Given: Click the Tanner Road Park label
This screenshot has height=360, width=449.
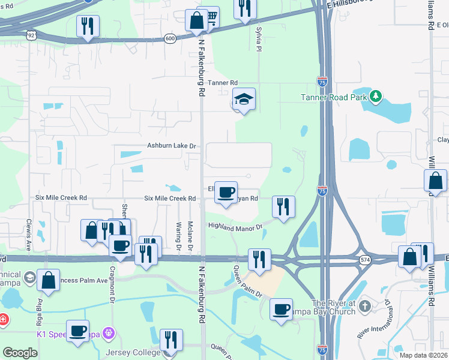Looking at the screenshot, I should point(334,97).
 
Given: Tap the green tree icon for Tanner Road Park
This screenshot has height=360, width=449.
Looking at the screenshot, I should point(376,96).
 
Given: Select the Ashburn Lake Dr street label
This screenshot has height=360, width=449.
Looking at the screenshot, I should point(172,146).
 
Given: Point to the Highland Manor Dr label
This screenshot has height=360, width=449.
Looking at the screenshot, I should point(236,226).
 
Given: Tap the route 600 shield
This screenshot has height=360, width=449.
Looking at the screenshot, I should point(170,38).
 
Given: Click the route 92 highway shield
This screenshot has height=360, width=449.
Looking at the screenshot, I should point(31,35).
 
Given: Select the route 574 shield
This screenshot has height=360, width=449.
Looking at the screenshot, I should point(365,259).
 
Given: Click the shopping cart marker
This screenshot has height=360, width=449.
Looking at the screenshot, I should point(209,18).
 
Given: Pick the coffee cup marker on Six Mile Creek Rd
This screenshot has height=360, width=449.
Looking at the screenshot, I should point(226,192).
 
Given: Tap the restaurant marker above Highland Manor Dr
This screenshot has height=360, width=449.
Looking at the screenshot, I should point(282,206).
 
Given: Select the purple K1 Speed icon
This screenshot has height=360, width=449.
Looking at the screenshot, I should point(108,332).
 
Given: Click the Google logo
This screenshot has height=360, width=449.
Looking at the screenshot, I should point(20,353).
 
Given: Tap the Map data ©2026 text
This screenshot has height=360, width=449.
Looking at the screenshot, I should point(423,355).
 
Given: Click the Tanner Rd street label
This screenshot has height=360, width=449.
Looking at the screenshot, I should point(223,83).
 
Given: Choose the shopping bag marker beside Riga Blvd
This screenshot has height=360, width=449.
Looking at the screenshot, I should point(48,280).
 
